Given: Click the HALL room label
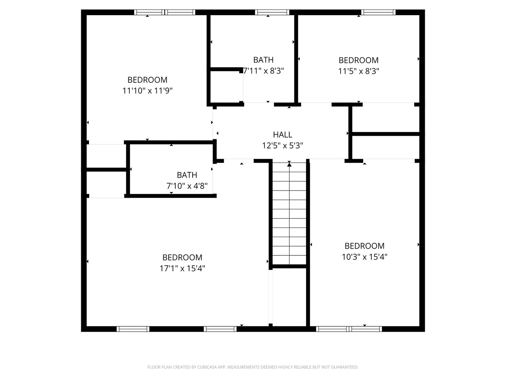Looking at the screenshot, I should pyautogui.click(x=283, y=134).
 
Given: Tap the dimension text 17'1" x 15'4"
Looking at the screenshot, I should pyautogui.click(x=182, y=268).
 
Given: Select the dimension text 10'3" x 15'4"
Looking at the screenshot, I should pyautogui.click(x=364, y=257).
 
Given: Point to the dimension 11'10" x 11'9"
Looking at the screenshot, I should pyautogui.click(x=147, y=91).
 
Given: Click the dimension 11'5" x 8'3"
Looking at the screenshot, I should pyautogui.click(x=358, y=71).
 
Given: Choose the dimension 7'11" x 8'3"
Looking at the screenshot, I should pyautogui.click(x=264, y=71).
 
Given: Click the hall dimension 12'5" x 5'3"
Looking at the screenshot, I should pyautogui.click(x=283, y=145).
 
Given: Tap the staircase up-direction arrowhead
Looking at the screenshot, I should pyautogui.click(x=289, y=164).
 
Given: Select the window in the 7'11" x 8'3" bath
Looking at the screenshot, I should pyautogui.click(x=273, y=12).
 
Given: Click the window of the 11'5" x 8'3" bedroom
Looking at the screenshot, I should pyautogui.click(x=378, y=12).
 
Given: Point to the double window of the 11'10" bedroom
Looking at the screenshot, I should pyautogui.click(x=165, y=12).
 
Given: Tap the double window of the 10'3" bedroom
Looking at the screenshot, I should pyautogui.click(x=349, y=329).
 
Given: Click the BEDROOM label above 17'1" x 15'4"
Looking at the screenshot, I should pyautogui.click(x=182, y=258).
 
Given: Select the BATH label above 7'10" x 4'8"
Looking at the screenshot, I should pyautogui.click(x=187, y=175).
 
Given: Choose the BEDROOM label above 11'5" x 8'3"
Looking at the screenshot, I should pyautogui.click(x=358, y=60).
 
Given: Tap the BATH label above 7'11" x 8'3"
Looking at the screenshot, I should pyautogui.click(x=263, y=60).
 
